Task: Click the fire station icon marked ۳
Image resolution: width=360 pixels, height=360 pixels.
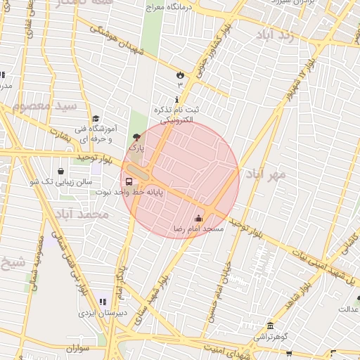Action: tap(180, 75)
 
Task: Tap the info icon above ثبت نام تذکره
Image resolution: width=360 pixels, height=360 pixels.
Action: tap(176, 100)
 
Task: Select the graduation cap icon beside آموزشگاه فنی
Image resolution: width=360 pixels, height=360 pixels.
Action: tap(96, 119)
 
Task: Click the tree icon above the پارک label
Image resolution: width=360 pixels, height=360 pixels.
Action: tap(136, 137)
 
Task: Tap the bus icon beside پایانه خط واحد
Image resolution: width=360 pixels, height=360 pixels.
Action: tap(128, 181)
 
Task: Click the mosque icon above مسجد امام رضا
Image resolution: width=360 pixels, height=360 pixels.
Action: tap(198, 218)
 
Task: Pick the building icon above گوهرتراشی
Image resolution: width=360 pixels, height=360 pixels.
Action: tap(270, 325)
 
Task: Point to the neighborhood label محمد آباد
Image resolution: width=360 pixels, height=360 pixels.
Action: tap(83, 213)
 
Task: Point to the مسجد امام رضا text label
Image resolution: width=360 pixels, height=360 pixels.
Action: tap(198, 229)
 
